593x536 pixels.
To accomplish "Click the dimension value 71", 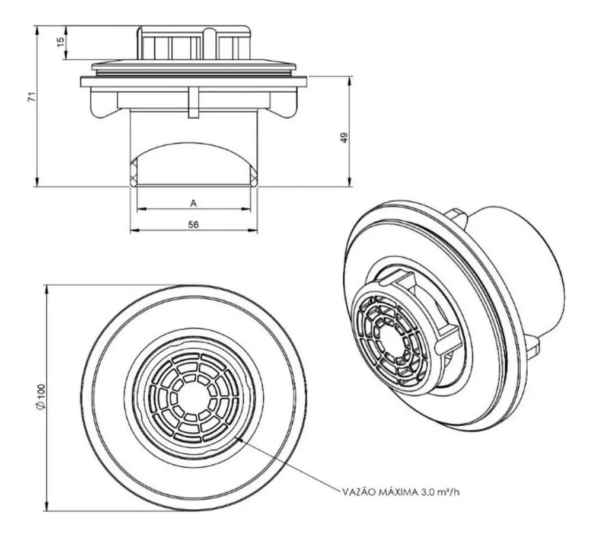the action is click(x=33, y=97).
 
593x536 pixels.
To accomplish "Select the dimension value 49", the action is click(x=344, y=138).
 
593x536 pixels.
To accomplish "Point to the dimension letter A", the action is click(x=193, y=203).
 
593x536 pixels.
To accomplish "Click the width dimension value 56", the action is click(x=193, y=225).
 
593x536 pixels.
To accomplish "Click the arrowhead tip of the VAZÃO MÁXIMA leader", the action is click(x=235, y=438).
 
